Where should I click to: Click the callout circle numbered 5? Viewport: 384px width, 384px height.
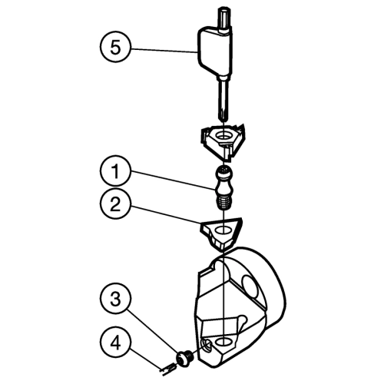pyautogui.click(x=115, y=47)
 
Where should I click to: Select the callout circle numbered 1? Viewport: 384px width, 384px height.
pyautogui.click(x=115, y=170)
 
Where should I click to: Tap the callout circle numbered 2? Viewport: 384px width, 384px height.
pyautogui.click(x=115, y=204)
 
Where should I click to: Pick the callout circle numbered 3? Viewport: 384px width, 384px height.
pyautogui.click(x=115, y=299)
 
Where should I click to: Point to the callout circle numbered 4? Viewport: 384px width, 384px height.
pyautogui.click(x=115, y=343)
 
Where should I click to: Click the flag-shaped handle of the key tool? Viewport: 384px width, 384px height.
pyautogui.click(x=214, y=52)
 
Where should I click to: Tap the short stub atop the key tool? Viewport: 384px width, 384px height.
pyautogui.click(x=224, y=18)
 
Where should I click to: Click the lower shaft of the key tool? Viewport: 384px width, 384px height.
pyautogui.click(x=223, y=100)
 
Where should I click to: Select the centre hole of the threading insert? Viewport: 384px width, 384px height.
pyautogui.click(x=223, y=135)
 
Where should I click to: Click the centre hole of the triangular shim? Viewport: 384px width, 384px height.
pyautogui.click(x=223, y=230)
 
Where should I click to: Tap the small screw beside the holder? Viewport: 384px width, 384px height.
pyautogui.click(x=186, y=359)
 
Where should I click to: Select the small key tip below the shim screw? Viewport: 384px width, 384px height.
pyautogui.click(x=167, y=369)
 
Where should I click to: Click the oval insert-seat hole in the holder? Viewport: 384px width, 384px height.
pyautogui.click(x=224, y=341)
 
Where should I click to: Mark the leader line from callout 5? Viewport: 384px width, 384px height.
pyautogui.click(x=164, y=51)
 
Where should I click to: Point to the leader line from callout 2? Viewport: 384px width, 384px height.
pyautogui.click(x=165, y=216)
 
